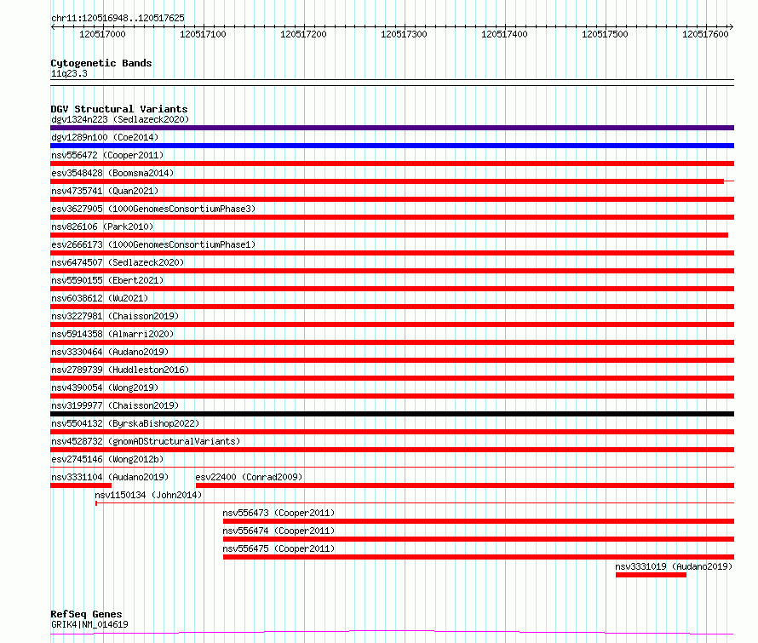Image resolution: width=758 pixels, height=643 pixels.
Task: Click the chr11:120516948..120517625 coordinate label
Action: click(x=118, y=18)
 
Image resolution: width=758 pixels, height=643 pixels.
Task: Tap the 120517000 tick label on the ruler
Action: click(x=101, y=34)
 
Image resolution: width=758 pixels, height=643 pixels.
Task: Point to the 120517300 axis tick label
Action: click(x=404, y=34)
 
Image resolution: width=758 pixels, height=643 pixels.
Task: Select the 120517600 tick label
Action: click(x=705, y=34)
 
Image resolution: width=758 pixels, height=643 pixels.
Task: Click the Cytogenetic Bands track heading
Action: click(x=101, y=63)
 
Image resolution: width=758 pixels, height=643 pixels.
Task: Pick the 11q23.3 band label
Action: click(x=69, y=73)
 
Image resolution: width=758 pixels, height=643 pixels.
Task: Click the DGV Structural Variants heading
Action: click(x=119, y=109)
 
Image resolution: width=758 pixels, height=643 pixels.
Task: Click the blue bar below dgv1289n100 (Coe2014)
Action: click(x=392, y=146)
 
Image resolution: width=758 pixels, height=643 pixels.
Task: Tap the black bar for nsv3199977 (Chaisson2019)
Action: click(x=392, y=414)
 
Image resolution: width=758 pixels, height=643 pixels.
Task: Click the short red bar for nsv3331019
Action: click(x=651, y=575)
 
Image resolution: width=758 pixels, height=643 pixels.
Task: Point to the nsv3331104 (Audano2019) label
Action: click(x=110, y=477)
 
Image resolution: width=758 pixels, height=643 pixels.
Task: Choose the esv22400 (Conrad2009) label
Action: click(x=250, y=477)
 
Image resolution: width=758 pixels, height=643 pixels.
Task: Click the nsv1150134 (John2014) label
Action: click(x=148, y=495)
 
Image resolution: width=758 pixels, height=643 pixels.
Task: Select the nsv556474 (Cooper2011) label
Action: click(x=279, y=531)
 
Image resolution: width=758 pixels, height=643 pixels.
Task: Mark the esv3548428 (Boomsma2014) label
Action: click(x=112, y=173)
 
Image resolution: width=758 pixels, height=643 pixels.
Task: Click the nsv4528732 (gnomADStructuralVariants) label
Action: click(x=146, y=441)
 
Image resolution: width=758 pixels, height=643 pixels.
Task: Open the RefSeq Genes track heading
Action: click(x=86, y=614)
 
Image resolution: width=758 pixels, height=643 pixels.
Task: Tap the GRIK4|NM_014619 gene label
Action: click(x=89, y=624)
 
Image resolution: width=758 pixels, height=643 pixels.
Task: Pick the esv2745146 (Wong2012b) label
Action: click(x=107, y=459)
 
